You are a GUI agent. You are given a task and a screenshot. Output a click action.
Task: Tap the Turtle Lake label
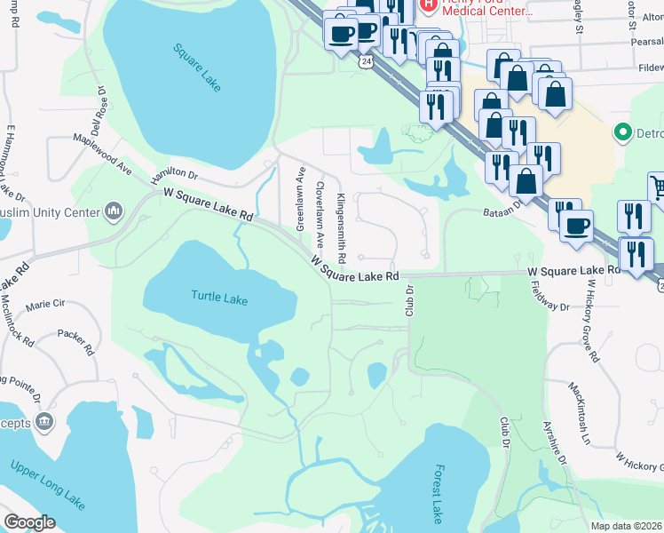[219, 299]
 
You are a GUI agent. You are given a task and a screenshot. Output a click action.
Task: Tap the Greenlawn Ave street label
[300, 198]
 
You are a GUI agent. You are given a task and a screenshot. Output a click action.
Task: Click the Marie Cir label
[46, 304]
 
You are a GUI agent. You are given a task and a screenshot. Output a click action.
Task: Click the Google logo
[29, 522]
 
